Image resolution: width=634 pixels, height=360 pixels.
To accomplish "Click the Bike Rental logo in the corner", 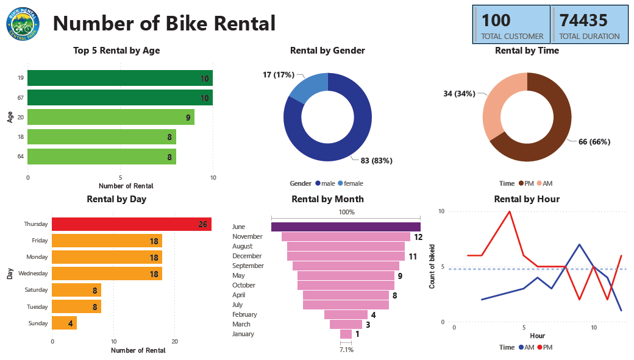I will [23, 24].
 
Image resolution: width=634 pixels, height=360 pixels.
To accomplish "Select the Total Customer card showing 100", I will [511, 25].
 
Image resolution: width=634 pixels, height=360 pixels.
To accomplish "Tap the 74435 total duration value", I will [583, 21].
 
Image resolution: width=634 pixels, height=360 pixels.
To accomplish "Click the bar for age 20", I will [110, 117].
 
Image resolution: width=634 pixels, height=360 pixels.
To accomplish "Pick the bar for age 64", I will [101, 157].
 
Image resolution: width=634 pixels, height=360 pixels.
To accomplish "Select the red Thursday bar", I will [131, 224].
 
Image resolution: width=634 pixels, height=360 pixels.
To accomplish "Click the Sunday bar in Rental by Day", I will [64, 323].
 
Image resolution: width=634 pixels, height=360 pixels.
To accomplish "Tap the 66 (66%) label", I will [590, 142].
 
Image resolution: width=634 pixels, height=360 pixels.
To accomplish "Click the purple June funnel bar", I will [346, 227].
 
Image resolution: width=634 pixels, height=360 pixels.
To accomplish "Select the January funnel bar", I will [346, 334].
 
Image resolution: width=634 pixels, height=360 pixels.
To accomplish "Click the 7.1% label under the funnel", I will [346, 350].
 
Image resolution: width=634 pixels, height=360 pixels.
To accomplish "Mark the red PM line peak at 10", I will [509, 211].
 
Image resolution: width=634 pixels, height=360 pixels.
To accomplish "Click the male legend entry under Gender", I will [325, 183].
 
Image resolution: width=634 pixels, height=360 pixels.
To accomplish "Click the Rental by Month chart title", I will [327, 199].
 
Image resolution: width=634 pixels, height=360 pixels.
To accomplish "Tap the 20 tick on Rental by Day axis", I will [174, 341].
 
